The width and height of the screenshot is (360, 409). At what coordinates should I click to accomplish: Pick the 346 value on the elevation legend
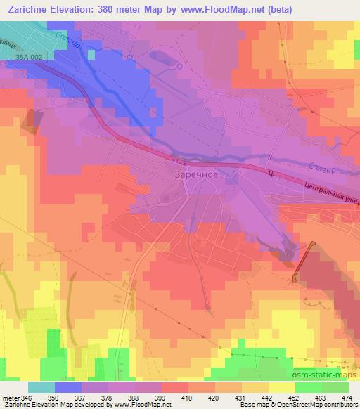[x=27, y=397]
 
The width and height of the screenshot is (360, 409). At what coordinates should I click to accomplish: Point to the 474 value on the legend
[x=346, y=397]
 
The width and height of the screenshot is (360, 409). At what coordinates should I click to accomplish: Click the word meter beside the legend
[x=10, y=397]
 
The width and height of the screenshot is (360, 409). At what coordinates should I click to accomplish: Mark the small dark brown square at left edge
[x=32, y=121]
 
